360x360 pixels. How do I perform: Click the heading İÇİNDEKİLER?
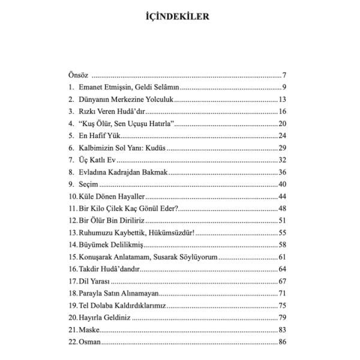(179, 16)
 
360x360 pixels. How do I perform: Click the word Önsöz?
(78, 76)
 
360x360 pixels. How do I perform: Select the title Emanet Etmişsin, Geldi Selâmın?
(124, 88)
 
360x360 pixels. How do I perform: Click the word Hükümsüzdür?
(169, 232)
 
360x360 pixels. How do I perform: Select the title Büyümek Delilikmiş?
(110, 244)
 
